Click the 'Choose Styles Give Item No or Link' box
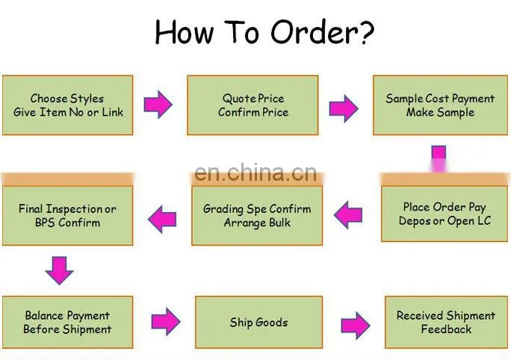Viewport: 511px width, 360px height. pyautogui.click(x=67, y=105)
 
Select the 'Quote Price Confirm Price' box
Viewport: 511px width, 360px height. pyautogui.click(x=253, y=105)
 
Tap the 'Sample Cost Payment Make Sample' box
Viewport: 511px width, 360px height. pyautogui.click(x=440, y=105)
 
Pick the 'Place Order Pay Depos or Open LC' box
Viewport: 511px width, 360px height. pyautogui.click(x=445, y=214)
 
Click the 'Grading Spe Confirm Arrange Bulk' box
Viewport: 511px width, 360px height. pyautogui.click(x=257, y=215)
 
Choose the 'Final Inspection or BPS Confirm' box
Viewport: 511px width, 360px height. pyautogui.click(x=67, y=215)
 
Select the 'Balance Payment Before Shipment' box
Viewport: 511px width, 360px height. pyautogui.click(x=67, y=322)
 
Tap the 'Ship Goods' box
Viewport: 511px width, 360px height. pyautogui.click(x=258, y=322)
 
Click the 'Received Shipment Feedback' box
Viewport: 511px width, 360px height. pyautogui.click(x=446, y=322)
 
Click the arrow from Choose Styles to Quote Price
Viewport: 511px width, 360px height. pyautogui.click(x=158, y=105)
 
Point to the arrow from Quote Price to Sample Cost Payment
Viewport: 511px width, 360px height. pyautogui.click(x=344, y=108)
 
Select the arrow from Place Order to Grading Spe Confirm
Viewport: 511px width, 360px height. pyautogui.click(x=348, y=214)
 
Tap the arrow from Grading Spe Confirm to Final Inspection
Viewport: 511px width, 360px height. pyautogui.click(x=162, y=220)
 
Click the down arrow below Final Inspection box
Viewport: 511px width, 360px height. pyautogui.click(x=59, y=270)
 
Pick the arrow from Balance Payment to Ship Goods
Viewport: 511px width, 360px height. pyautogui.click(x=166, y=321)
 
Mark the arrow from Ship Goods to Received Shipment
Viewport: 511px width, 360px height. pyautogui.click(x=356, y=326)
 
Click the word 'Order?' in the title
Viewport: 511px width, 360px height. pyautogui.click(x=322, y=32)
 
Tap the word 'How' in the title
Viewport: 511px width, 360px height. pyautogui.click(x=184, y=32)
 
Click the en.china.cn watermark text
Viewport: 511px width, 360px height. pyautogui.click(x=255, y=173)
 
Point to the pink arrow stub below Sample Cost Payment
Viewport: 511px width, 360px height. pyautogui.click(x=439, y=158)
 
